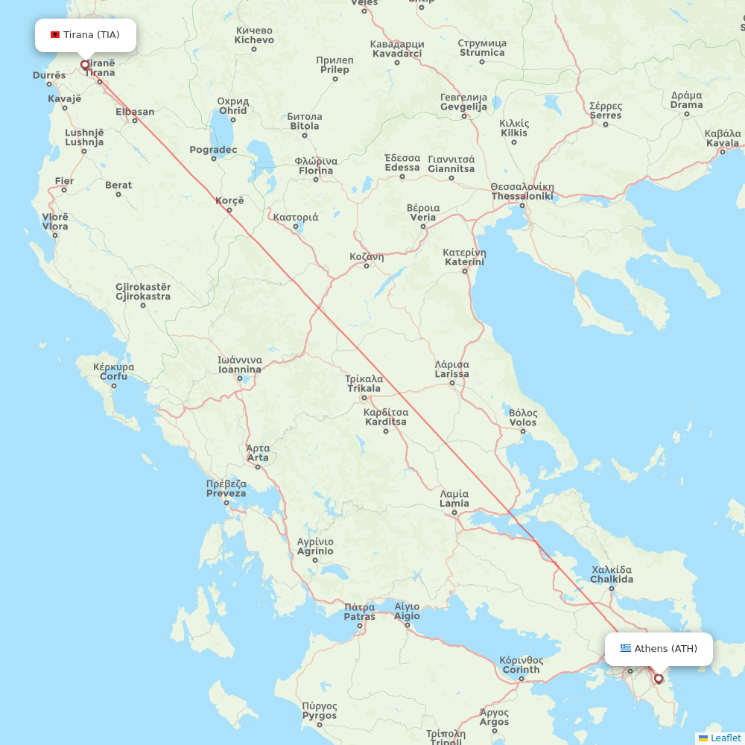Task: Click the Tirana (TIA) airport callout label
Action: (86, 35)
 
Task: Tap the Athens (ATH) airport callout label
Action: (659, 649)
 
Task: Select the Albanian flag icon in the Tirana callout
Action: (55, 35)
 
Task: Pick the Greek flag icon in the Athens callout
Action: (626, 649)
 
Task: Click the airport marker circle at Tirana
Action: (85, 65)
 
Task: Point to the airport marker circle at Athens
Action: (659, 679)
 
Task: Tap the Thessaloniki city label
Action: (521, 191)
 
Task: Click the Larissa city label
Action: (452, 370)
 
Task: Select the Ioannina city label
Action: (239, 364)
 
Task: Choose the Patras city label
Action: (360, 612)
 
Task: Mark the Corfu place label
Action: (113, 372)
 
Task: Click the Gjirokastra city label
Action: (143, 291)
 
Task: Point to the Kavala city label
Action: (723, 138)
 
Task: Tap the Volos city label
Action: (523, 417)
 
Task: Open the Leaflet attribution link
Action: (725, 738)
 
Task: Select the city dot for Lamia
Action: (454, 513)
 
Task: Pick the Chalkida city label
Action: (612, 574)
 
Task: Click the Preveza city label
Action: (226, 489)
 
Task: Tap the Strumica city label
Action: (482, 48)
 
